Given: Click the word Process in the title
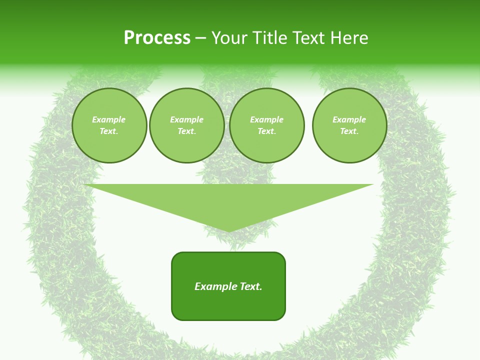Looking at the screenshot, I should click(157, 38).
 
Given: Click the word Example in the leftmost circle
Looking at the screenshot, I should click(109, 119).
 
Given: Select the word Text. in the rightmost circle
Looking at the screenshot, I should click(349, 131).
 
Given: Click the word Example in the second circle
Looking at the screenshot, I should click(186, 119).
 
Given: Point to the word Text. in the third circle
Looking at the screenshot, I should click(266, 131).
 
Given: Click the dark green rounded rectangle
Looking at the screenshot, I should click(228, 305).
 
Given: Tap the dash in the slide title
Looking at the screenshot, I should click(201, 38).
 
